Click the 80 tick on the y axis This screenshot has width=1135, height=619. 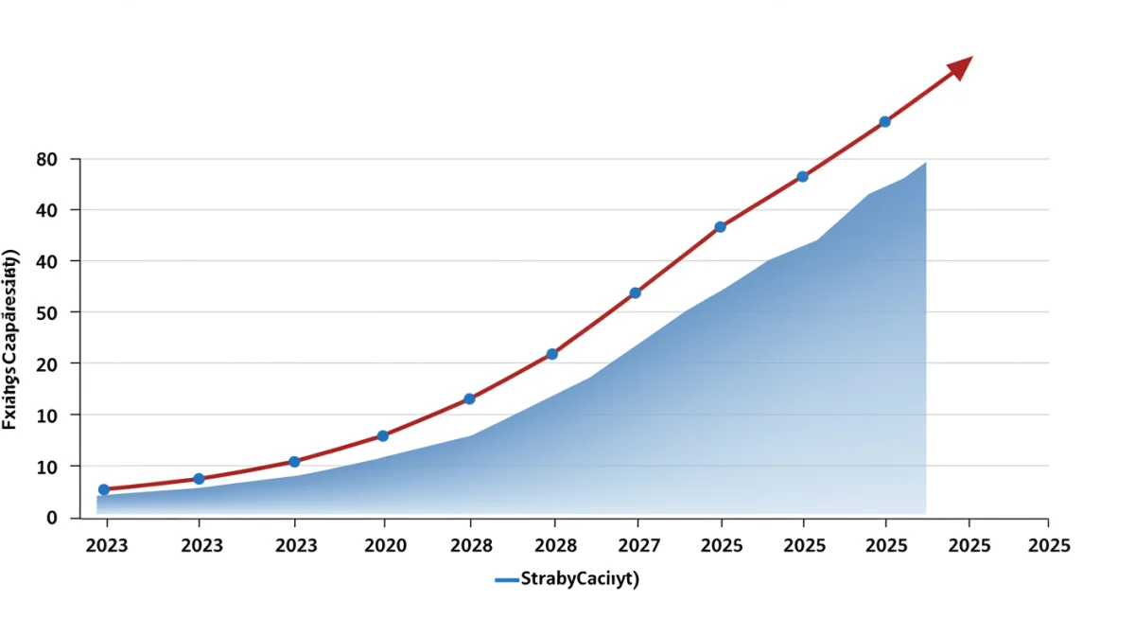(47, 159)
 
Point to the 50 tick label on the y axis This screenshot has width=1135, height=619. (47, 312)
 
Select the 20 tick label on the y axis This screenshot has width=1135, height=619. (47, 363)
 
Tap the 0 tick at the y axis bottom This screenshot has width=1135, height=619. (52, 518)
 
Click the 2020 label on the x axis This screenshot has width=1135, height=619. (385, 545)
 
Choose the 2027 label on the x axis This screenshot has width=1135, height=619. (639, 545)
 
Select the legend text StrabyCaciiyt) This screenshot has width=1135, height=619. (580, 580)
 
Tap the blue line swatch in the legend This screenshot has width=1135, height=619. (507, 580)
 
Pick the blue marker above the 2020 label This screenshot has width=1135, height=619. (383, 436)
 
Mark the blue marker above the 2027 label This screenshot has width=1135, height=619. (636, 293)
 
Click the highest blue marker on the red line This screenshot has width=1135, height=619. (884, 122)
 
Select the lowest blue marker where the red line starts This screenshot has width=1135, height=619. (104, 489)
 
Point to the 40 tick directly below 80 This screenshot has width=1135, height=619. (47, 210)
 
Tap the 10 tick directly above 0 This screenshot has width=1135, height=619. (47, 467)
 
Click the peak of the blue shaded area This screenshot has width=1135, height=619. (924, 165)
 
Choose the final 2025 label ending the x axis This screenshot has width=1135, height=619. (1049, 545)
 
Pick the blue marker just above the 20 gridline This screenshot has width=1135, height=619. (552, 354)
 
